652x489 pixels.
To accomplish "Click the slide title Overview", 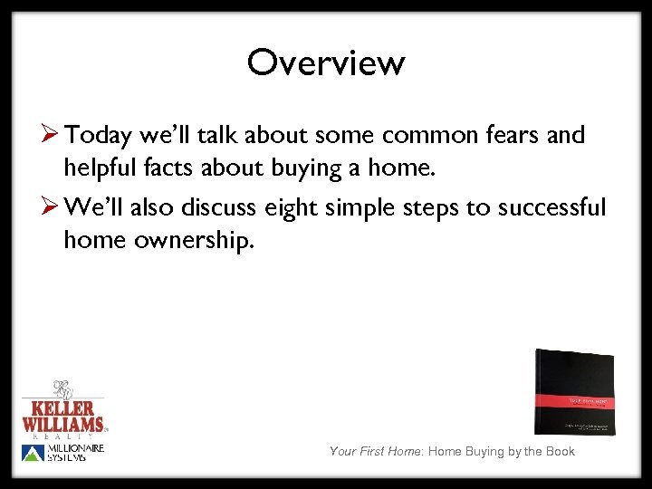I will tap(325, 63).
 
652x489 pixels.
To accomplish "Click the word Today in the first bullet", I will tap(100, 136).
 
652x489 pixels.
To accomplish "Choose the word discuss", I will tap(219, 208).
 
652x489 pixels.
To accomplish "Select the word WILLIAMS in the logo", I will tap(63, 423).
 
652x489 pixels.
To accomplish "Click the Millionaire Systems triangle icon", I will tap(31, 453).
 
